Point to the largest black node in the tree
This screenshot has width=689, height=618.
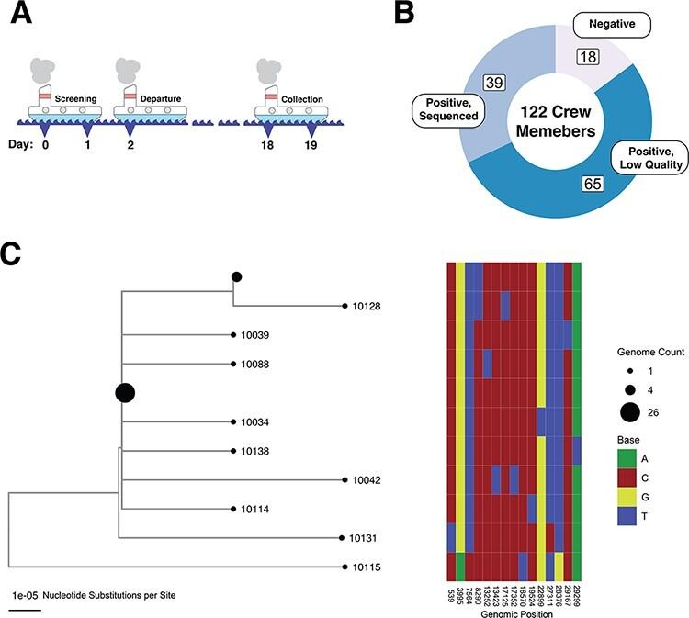point(125,393)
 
